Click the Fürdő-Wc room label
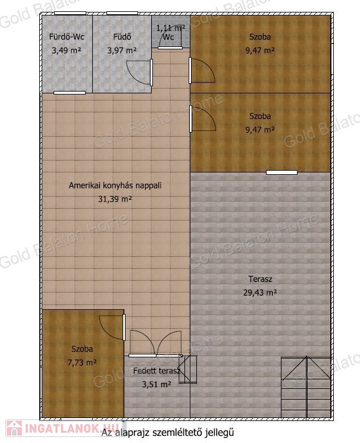pos(67,37)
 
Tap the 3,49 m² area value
pos(67,51)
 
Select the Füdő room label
pos(122,37)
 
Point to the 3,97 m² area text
pos(122,51)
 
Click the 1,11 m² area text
pos(171,28)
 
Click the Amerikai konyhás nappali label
pos(115,186)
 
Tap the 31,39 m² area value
pos(115,199)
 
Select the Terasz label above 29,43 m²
pos(260,279)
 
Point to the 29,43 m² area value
pos(260,293)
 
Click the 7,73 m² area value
pos(82,363)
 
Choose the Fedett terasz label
pos(156,370)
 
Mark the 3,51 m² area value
pos(156,385)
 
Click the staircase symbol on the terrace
pos(306,387)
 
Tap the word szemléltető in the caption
pos(177,432)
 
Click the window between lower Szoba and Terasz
pos(281,172)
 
